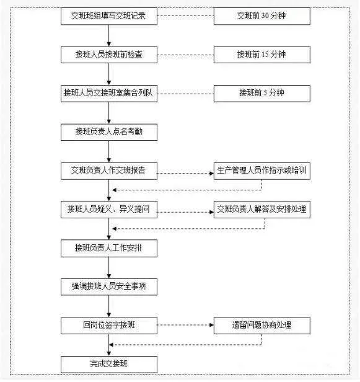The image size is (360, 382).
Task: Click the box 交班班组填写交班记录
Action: [109, 16]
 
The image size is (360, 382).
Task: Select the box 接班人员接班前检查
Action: [109, 55]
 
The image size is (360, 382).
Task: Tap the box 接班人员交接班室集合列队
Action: [109, 93]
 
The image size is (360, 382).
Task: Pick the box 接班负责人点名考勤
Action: [109, 132]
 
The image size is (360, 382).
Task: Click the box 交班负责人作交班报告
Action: [109, 171]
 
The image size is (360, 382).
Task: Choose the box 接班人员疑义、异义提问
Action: [109, 209]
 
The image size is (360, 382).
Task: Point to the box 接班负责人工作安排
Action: [109, 248]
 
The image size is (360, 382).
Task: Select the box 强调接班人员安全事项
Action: [109, 286]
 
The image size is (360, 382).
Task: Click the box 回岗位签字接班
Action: [109, 326]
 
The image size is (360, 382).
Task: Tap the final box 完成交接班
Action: [109, 364]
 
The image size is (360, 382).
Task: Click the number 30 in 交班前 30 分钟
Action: [265, 16]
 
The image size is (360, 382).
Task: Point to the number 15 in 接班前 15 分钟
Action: [265, 55]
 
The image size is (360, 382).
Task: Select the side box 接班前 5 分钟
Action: [262, 93]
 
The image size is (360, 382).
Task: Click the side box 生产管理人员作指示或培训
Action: [262, 171]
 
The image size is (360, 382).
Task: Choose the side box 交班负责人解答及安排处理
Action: [262, 209]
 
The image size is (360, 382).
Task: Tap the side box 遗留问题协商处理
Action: [262, 326]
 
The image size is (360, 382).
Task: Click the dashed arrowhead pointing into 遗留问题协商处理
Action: [211, 325]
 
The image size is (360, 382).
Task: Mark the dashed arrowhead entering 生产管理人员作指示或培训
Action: [211, 174]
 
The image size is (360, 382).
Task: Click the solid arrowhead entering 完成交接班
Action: [109, 353]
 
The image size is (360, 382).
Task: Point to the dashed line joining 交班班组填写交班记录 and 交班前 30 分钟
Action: [185, 16]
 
